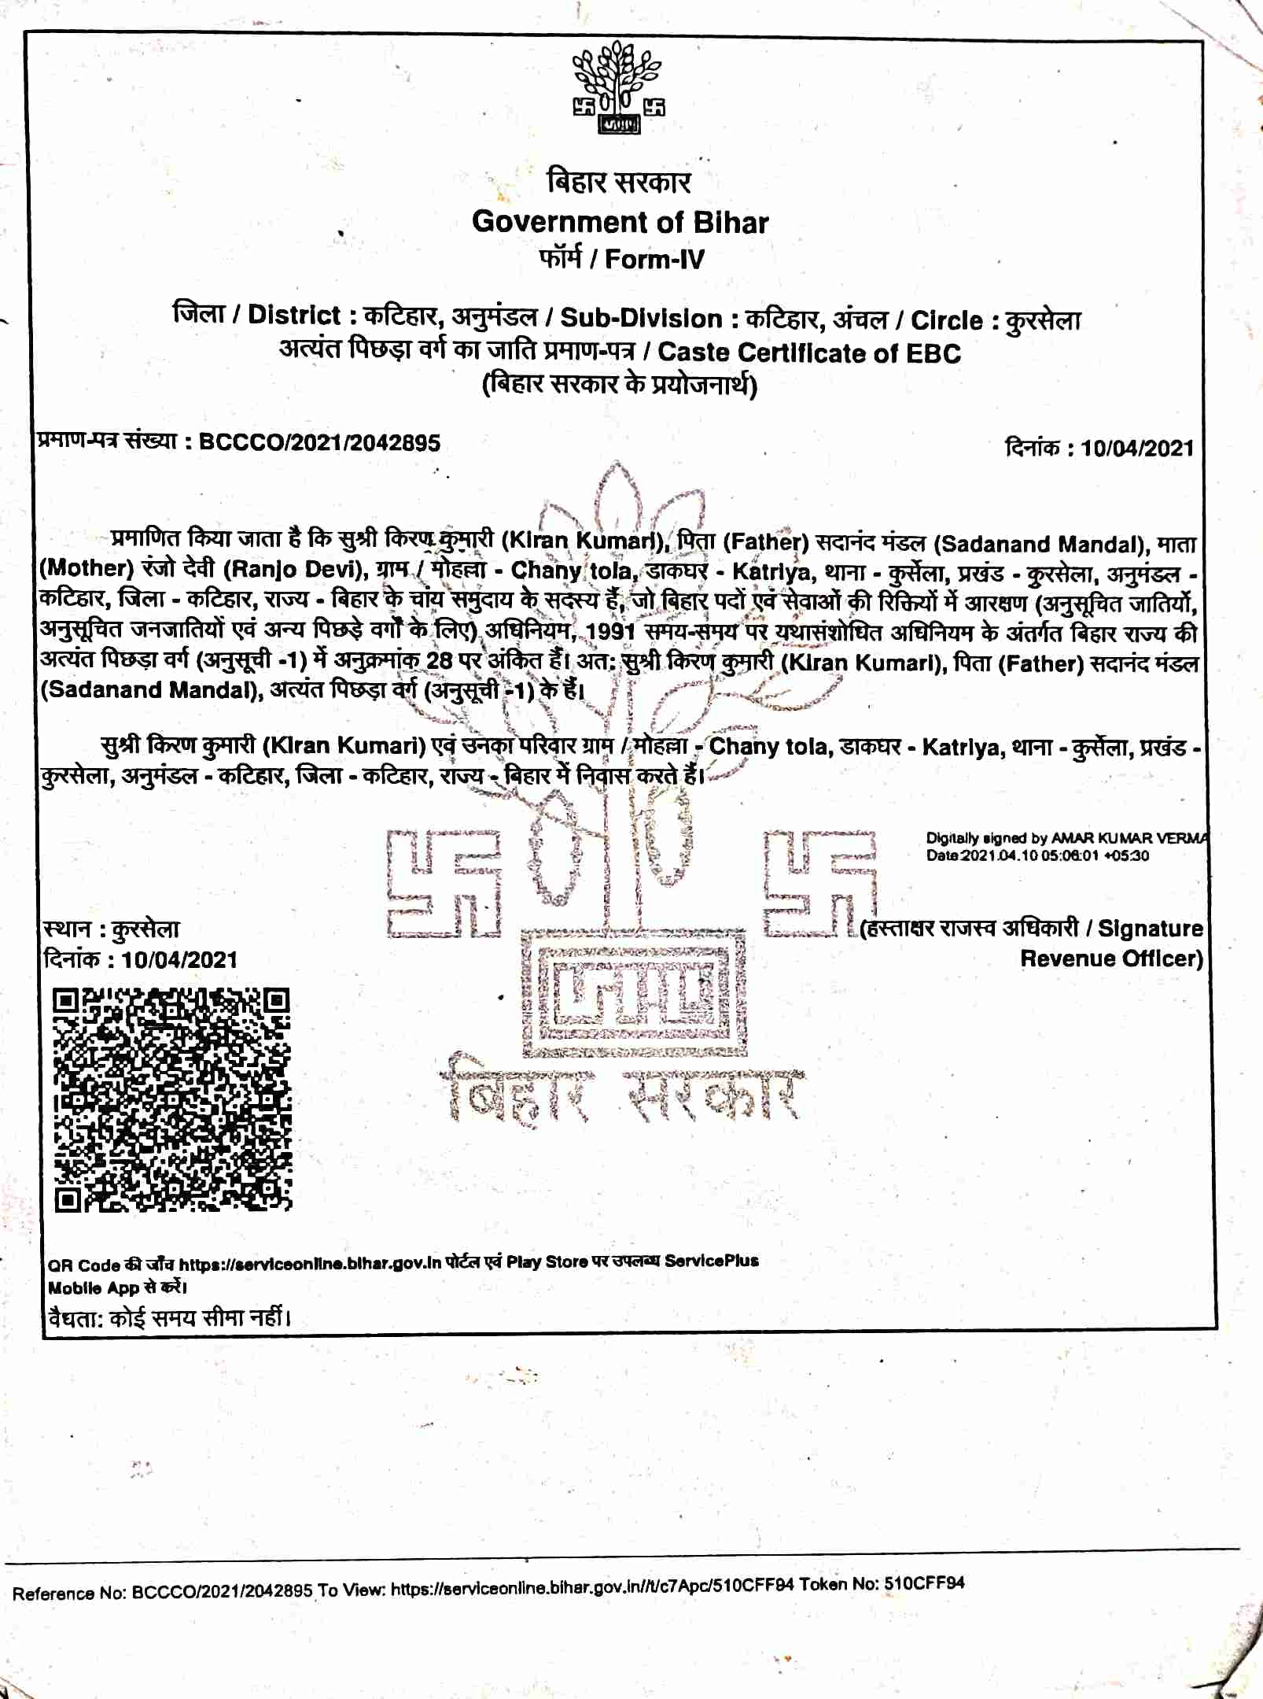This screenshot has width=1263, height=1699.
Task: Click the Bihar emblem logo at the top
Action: pos(619,88)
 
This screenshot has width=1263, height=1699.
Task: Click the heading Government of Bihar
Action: pos(620,223)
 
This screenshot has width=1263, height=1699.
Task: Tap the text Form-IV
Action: pos(654,259)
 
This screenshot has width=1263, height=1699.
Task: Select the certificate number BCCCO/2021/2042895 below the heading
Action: pos(319,442)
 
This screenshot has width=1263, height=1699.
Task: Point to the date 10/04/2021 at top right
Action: pos(1136,449)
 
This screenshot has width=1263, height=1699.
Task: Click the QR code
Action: pos(172,1099)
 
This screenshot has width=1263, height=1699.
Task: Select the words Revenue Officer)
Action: pos(1111,958)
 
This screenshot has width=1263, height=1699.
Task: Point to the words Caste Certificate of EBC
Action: pos(809,353)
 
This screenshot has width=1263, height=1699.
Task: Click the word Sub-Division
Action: pos(641,319)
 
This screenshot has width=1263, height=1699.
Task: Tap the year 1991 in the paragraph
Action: pos(611,632)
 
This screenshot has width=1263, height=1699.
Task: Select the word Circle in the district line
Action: pos(946,320)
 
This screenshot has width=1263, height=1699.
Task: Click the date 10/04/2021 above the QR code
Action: pos(179,959)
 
